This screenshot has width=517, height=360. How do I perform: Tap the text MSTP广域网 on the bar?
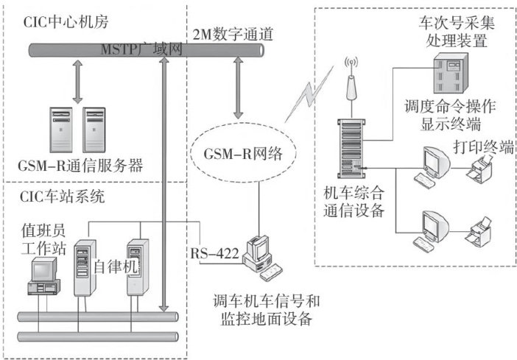pyautogui.click(x=140, y=49)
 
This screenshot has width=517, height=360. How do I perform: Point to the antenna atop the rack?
pyautogui.click(x=351, y=91)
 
